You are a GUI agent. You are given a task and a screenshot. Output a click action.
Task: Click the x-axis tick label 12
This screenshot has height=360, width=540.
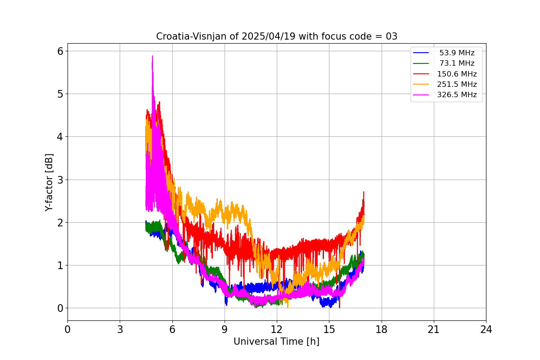coord(277,329)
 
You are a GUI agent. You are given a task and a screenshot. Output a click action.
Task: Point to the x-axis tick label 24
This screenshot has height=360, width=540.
coord(486,329)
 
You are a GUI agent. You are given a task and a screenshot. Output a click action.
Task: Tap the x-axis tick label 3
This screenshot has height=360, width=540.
coord(120,329)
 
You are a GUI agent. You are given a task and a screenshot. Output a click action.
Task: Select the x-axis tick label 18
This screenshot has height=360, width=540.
coord(382,329)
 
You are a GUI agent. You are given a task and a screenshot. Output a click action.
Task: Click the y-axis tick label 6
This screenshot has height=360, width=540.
coord(60,51)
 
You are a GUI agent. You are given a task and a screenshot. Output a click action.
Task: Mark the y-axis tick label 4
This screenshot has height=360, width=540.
coord(60,137)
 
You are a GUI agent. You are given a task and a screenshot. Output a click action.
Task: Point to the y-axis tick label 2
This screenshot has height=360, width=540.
coord(60,222)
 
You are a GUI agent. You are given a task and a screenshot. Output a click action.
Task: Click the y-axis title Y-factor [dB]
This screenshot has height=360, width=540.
coord(49,182)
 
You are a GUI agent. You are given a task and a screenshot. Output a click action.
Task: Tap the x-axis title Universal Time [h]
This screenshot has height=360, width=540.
coord(276,342)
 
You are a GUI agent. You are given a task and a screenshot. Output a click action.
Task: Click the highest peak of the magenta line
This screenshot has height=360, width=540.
coord(153,56)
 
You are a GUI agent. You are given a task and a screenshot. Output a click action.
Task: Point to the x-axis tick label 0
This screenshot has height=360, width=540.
coord(67,329)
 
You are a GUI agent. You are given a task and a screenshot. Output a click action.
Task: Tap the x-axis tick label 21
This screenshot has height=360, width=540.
coord(434,329)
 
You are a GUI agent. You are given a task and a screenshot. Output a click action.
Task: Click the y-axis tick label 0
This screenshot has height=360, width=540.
coord(60,308)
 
